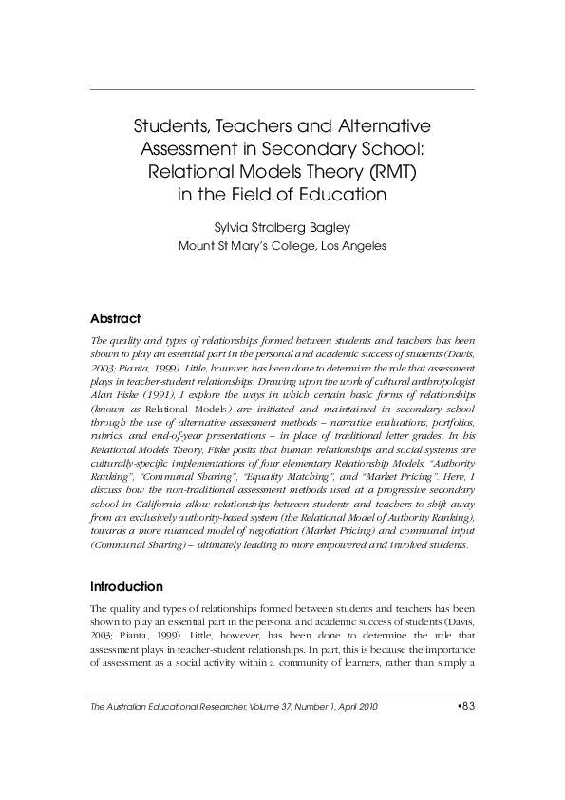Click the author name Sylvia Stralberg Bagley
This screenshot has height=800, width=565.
[282, 227]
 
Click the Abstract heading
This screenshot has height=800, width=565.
[115, 318]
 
